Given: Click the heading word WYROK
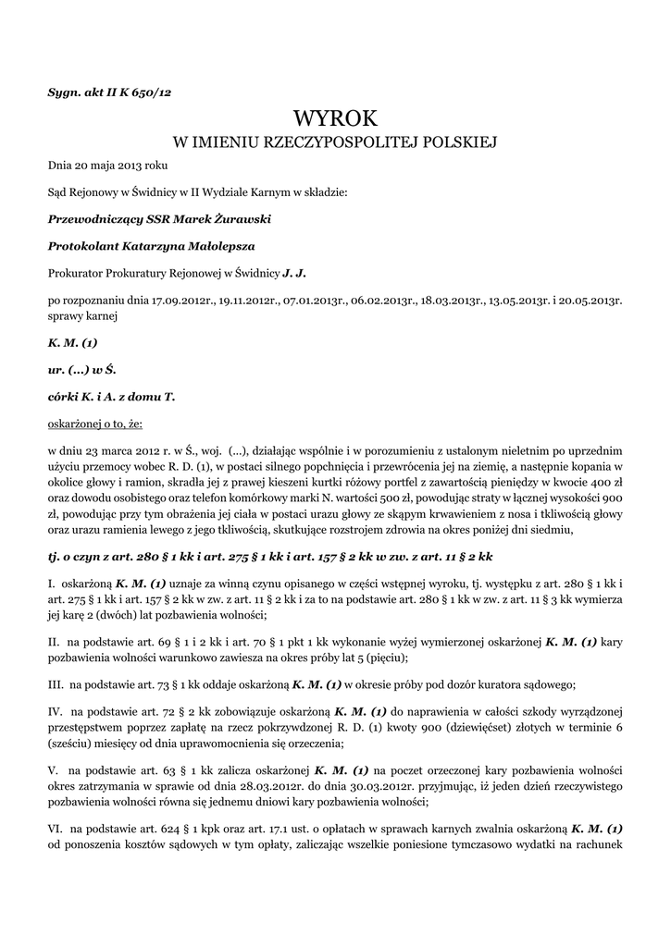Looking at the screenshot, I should (336, 117).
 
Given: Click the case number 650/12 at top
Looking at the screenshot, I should (152, 92).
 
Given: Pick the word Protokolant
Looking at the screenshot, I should (80, 246).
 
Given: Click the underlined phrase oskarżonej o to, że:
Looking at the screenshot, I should (95, 424).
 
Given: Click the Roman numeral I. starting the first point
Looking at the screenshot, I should (52, 584).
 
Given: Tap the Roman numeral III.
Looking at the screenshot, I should (56, 684).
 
